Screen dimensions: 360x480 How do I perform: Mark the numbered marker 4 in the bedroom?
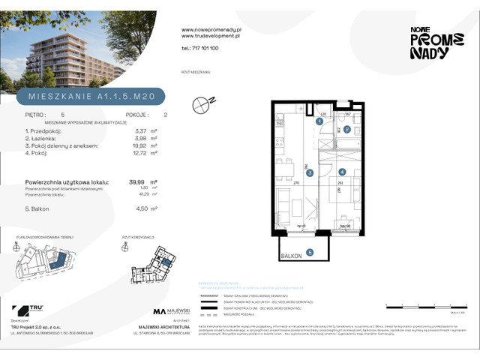(x=341, y=172)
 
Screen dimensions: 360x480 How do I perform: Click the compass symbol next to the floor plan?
(x=201, y=106)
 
